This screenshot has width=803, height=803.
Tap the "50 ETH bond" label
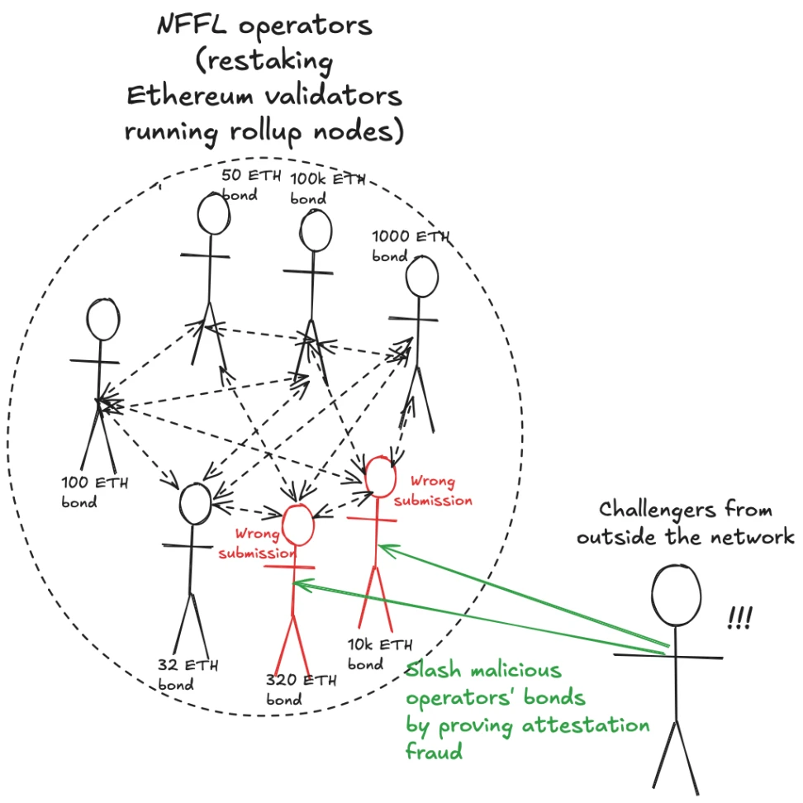coord(251,185)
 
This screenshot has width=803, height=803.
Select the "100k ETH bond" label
coord(327,188)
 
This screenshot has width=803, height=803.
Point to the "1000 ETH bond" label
coord(411,245)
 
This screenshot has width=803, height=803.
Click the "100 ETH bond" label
coord(94,492)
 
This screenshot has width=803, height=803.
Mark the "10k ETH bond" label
coord(380,654)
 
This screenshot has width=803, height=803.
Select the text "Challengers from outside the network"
coord(685,522)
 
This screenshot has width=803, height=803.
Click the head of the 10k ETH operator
coord(382,478)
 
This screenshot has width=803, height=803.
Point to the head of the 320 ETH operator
coord(299,523)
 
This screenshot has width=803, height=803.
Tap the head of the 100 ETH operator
coord(104,319)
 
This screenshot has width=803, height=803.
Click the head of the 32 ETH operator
coord(196,504)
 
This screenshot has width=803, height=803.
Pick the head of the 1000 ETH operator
coord(421,278)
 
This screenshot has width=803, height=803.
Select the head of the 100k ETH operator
coord(316,231)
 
